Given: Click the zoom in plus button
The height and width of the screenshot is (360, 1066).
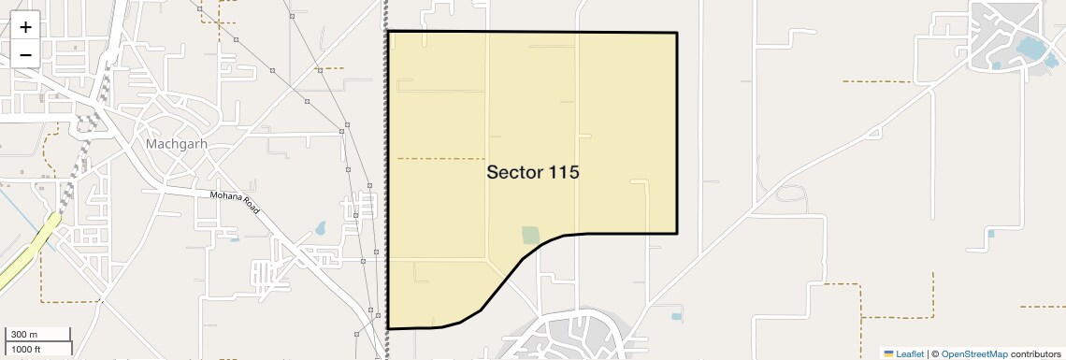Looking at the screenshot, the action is pos(25,27).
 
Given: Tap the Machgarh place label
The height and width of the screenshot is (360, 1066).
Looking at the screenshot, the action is pos(176,145).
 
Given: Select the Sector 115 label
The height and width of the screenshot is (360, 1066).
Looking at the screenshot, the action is pos(533,173).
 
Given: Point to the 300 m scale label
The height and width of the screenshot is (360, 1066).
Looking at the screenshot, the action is pos(24,335).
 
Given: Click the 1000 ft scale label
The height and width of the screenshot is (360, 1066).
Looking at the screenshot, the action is pos(25,349).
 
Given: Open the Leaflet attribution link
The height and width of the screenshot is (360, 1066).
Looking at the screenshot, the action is pos(910,353).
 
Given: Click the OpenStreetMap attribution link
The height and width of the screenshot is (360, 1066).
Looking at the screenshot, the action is pos(974,353).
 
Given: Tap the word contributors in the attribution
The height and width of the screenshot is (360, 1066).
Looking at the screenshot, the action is pos(1036,353).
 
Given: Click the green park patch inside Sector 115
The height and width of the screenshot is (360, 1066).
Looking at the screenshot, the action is pos(530,235).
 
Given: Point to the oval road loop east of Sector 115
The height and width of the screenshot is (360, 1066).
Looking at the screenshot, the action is pos(791,194).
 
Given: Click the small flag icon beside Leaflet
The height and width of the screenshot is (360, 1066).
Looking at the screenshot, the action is pos(889,353).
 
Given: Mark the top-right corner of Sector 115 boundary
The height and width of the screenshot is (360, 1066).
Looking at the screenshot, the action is pos(676,34).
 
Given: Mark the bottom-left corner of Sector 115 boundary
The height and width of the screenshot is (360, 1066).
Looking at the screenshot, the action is pos(388,328).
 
